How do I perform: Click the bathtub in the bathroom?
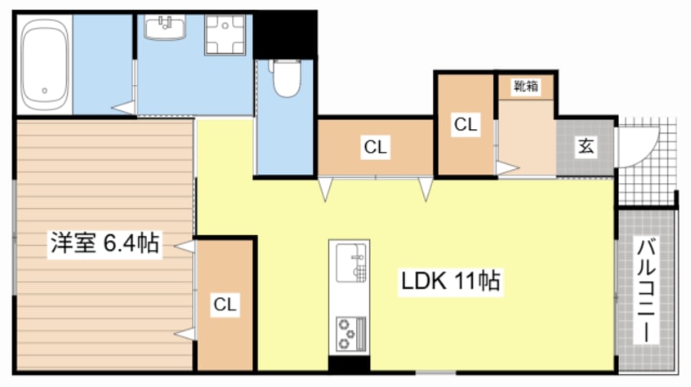click(x=45, y=64)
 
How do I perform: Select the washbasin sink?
click(x=165, y=27)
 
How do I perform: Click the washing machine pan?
click(x=225, y=35)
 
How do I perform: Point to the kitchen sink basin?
click(x=351, y=263)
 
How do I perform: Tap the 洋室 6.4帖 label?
click(x=105, y=243)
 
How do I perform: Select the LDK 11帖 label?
click(x=450, y=281)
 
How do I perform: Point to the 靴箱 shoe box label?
click(x=526, y=86)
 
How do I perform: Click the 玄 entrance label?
click(x=586, y=145)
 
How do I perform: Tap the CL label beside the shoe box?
click(x=466, y=125)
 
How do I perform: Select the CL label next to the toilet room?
click(x=376, y=147)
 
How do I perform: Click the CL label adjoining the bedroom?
click(x=225, y=305)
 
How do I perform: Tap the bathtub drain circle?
click(x=44, y=91)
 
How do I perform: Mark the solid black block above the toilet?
click(x=285, y=35)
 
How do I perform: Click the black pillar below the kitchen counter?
click(x=349, y=364)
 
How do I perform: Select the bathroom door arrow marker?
click(x=123, y=108)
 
